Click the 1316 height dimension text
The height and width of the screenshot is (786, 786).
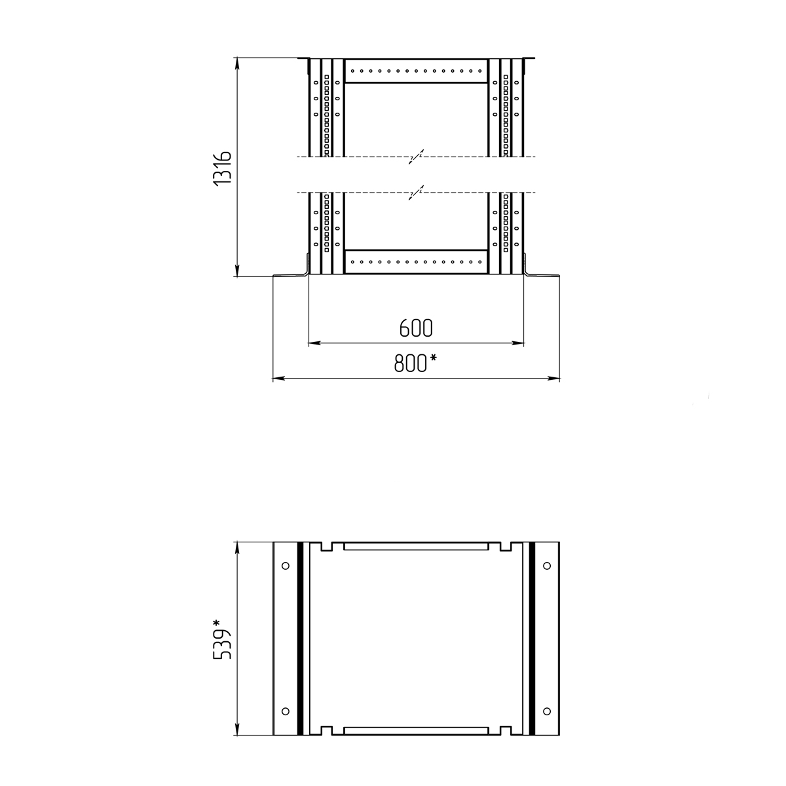tap(223, 169)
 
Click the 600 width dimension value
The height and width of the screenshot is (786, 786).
tap(416, 327)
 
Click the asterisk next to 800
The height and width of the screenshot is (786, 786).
tap(433, 358)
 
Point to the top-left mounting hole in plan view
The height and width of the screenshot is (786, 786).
tap(286, 566)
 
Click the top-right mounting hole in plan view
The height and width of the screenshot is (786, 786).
tap(547, 566)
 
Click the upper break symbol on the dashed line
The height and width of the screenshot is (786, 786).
tap(416, 157)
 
